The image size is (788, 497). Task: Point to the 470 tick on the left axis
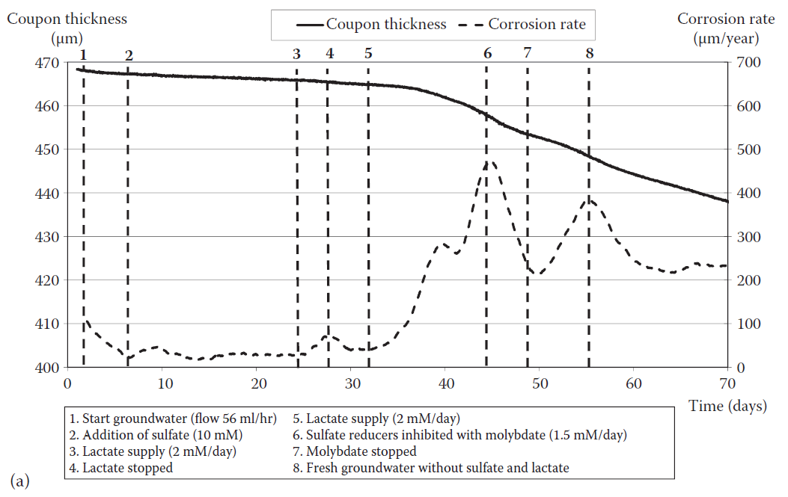(x=44, y=63)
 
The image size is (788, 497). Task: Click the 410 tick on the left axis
(x=44, y=324)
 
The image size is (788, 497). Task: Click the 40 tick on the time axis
(x=445, y=384)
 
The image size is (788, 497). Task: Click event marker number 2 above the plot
(x=129, y=55)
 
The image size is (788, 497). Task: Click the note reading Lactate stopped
(x=127, y=468)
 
